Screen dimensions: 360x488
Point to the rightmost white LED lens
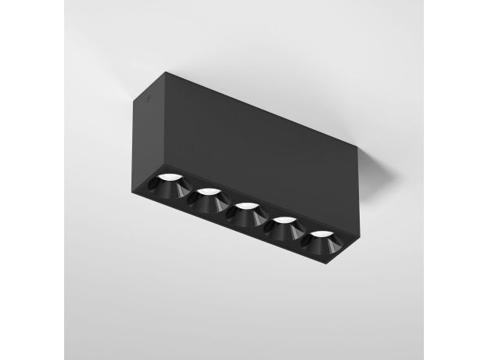click(319, 234)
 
